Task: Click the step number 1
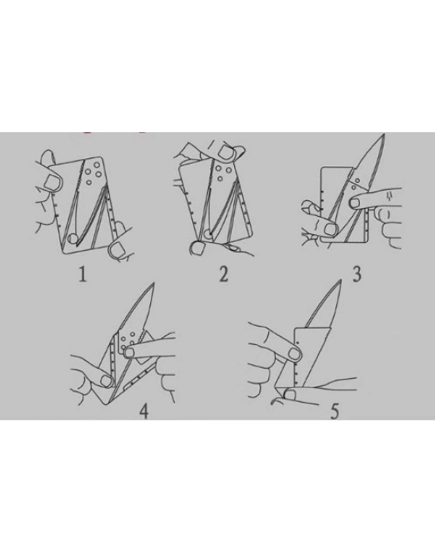[82, 274]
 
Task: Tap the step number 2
[224, 274]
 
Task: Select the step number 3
[357, 274]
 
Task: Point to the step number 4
[144, 411]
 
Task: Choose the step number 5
[335, 411]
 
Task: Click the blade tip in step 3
[384, 135]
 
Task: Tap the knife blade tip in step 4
[153, 283]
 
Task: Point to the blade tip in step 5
[341, 280]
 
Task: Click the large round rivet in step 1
[73, 238]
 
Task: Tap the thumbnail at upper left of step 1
[51, 183]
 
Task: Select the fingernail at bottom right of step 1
[117, 250]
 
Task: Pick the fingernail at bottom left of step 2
[198, 248]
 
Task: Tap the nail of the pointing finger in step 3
[354, 203]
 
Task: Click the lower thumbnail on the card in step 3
[331, 230]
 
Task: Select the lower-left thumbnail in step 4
[106, 381]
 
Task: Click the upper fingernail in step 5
[293, 353]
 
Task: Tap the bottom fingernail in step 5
[289, 395]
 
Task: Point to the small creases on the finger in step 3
[389, 195]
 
